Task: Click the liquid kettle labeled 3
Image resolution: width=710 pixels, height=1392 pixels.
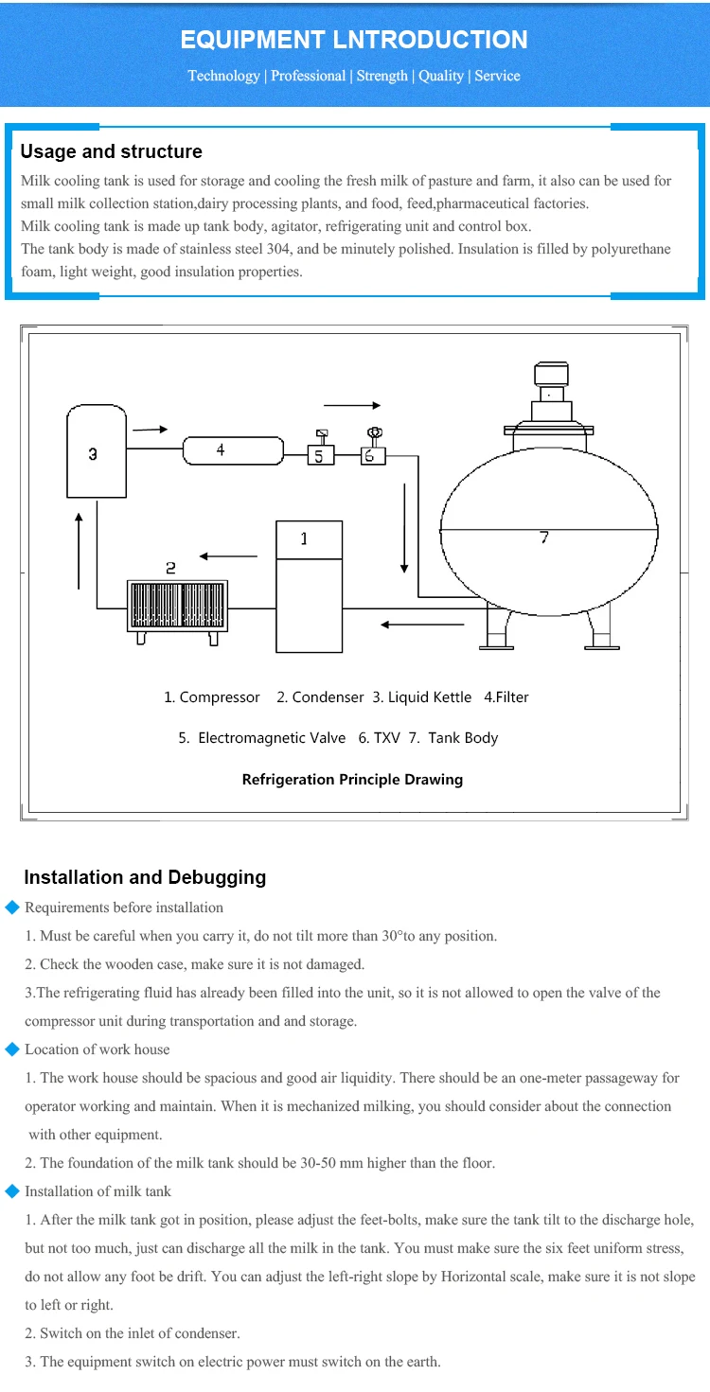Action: coord(97,451)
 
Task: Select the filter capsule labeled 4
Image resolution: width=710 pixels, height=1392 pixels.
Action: coord(233,450)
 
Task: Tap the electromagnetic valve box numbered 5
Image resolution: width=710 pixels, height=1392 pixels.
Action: coord(321,455)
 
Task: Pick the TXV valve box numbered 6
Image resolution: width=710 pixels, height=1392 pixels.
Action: coord(373,456)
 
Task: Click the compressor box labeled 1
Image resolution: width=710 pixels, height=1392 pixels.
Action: coord(309,587)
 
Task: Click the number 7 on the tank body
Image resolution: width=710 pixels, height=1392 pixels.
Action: coord(544,537)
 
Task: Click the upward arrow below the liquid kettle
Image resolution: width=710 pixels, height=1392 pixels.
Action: coord(79,551)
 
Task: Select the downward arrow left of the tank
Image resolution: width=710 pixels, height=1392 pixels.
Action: coord(404,528)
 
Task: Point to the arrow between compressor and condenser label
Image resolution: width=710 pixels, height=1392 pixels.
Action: coord(228,556)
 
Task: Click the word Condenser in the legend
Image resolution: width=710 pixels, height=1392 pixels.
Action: coord(328,697)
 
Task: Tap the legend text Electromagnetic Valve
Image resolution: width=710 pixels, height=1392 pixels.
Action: coord(272,737)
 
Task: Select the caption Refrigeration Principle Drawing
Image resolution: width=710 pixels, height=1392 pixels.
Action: coord(352,779)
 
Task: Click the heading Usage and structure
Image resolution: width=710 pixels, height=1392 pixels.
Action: coord(112,151)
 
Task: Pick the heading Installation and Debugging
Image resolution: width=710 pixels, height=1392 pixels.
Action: coord(145,877)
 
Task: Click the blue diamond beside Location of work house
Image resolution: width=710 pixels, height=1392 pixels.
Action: coord(12,1049)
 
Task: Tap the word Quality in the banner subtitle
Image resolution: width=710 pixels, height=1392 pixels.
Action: coord(441,76)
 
